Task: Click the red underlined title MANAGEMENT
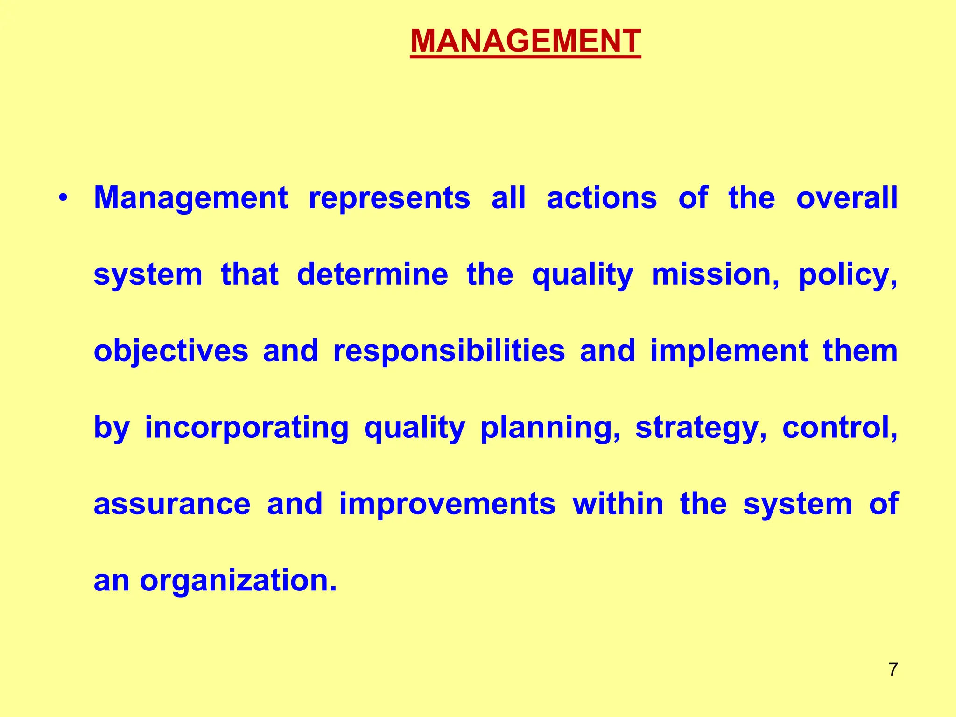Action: (x=525, y=41)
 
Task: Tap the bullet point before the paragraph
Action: (x=63, y=198)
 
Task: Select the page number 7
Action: (x=893, y=669)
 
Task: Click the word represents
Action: (x=389, y=198)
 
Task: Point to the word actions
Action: (x=602, y=198)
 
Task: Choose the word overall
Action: (x=847, y=198)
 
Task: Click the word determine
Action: (x=373, y=274)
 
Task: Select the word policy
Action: (x=847, y=275)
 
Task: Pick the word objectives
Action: (x=171, y=351)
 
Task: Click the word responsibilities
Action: (x=449, y=351)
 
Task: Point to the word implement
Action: (x=729, y=351)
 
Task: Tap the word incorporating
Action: (x=246, y=428)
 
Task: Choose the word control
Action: (x=839, y=428)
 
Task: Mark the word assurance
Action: (x=172, y=504)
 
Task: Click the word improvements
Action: (x=447, y=504)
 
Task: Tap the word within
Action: (x=618, y=504)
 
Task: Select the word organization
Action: (x=238, y=581)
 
